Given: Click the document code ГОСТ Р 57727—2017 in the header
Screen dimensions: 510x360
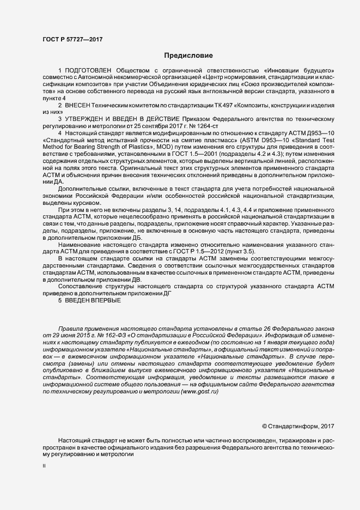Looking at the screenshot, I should click(72, 39).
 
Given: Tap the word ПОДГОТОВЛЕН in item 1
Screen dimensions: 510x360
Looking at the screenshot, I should click(88, 71).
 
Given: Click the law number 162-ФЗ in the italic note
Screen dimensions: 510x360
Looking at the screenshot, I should click(112, 336).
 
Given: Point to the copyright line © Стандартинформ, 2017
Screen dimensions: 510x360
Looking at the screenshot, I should click(297, 426).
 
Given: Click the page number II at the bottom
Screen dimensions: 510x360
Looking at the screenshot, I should click(44, 466).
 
